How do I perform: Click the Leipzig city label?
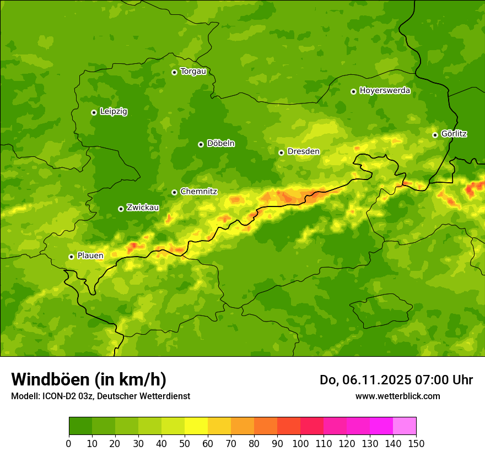[x=114, y=112]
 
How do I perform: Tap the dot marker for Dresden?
[x=281, y=153]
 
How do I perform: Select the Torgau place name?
[x=193, y=72]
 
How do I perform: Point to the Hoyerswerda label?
[x=385, y=91]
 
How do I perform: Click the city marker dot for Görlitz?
[x=435, y=135]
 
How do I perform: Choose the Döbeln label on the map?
[x=220, y=144]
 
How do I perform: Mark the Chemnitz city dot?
[x=174, y=192]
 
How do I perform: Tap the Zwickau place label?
[x=143, y=208]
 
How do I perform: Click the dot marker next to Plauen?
[x=71, y=257]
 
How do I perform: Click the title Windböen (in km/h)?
[x=89, y=379]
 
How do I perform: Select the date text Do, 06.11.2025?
[x=365, y=380]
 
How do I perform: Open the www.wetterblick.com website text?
[x=397, y=396]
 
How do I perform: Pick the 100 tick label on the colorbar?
[x=300, y=443]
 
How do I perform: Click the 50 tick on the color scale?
[x=185, y=443]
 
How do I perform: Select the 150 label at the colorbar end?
[x=416, y=443]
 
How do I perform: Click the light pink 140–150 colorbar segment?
[x=405, y=426]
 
